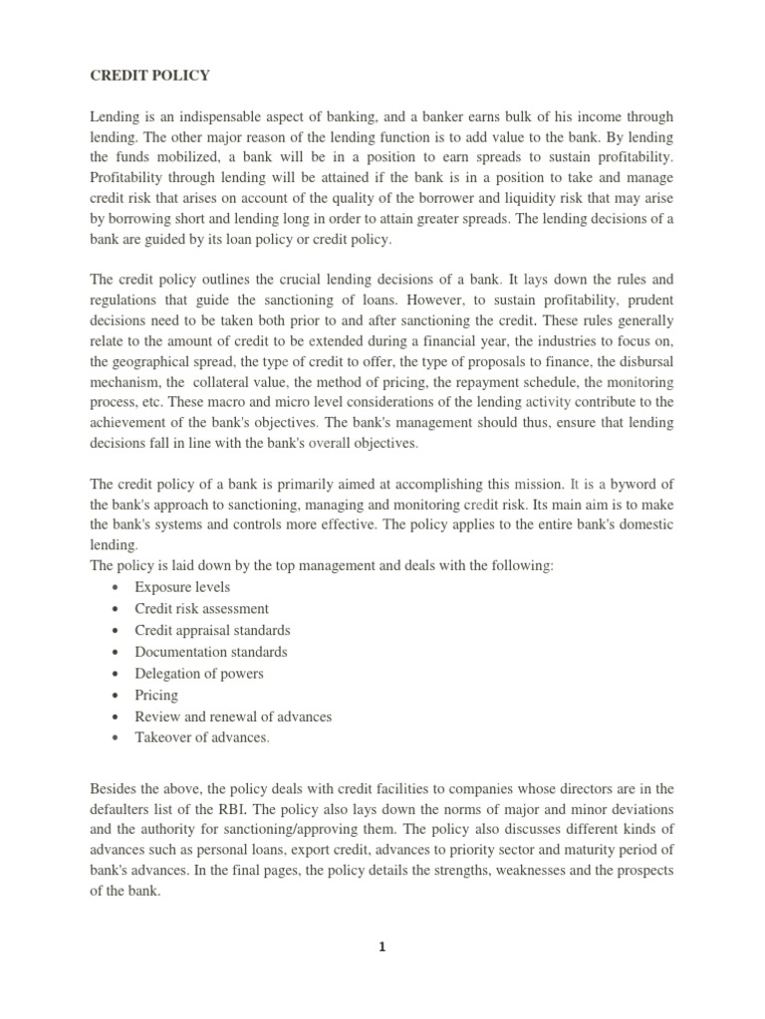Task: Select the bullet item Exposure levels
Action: (182, 587)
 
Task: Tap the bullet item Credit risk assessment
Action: (202, 609)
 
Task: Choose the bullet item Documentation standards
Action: (211, 652)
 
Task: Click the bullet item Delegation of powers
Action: (199, 674)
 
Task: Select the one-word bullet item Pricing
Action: (156, 696)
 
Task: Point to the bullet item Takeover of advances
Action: (202, 738)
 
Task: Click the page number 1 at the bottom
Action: (382, 948)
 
